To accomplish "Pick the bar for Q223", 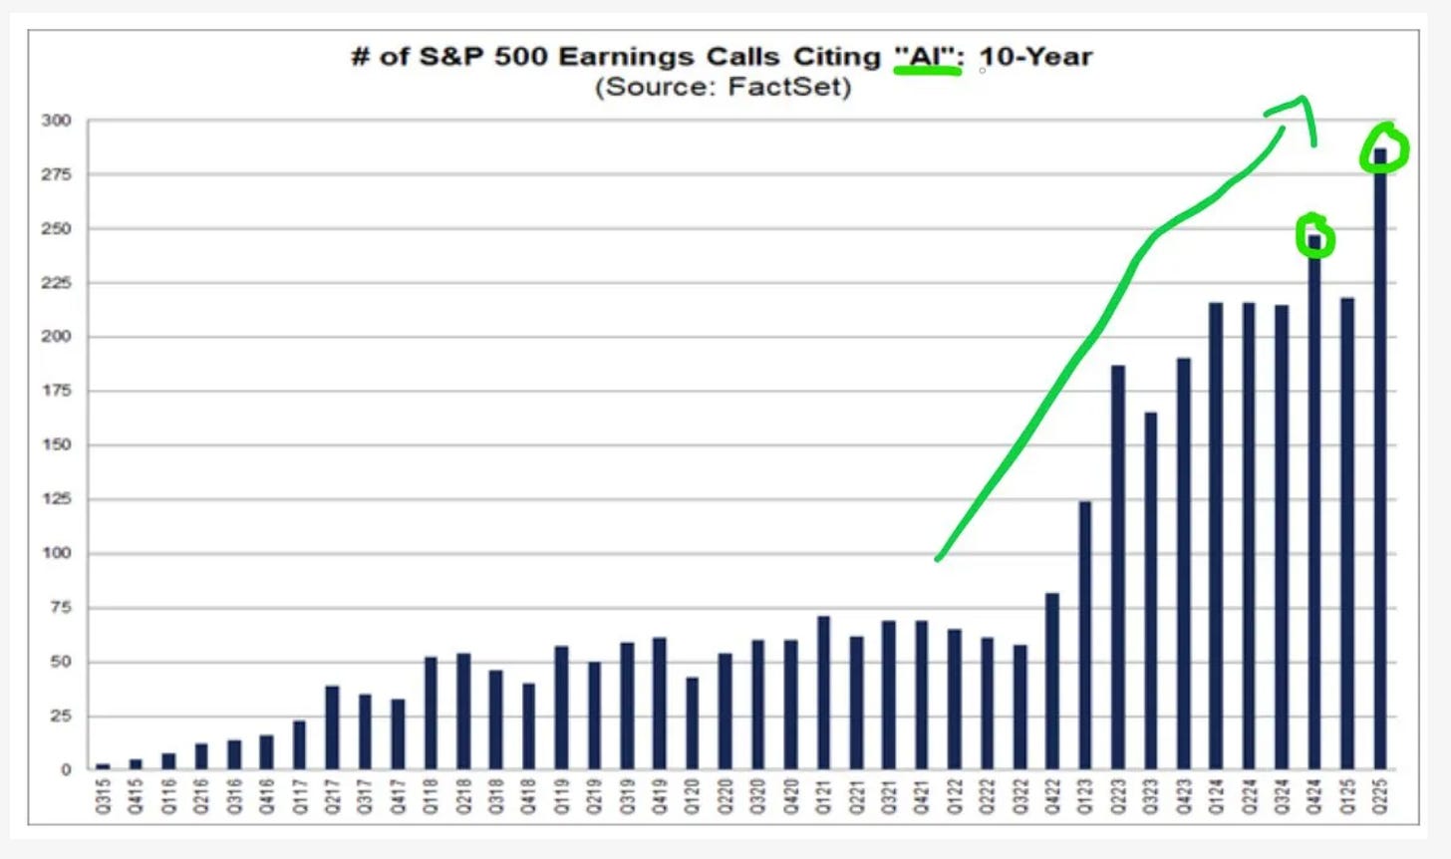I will pyautogui.click(x=1118, y=568).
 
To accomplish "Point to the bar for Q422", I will pyautogui.click(x=1052, y=682).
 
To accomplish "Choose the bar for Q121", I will pyautogui.click(x=823, y=694).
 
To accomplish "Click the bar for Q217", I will pyautogui.click(x=332, y=727).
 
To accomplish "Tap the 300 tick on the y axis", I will pyautogui.click(x=57, y=121).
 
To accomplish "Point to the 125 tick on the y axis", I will pyautogui.click(x=57, y=499).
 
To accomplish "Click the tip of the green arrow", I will pyautogui.click(x=1302, y=99).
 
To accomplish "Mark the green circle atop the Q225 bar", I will pyautogui.click(x=1384, y=148).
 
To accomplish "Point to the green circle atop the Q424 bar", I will pyautogui.click(x=1314, y=236).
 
